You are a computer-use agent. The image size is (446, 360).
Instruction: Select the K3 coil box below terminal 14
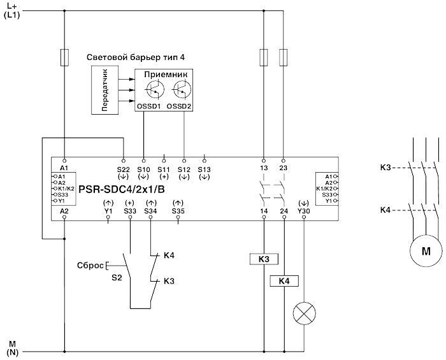pyautogui.click(x=263, y=259)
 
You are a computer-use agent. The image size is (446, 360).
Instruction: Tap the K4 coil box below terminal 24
pyautogui.click(x=284, y=281)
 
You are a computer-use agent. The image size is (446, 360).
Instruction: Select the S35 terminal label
pyautogui.click(x=178, y=210)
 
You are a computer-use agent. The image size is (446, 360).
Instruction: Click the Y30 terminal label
pyautogui.click(x=304, y=210)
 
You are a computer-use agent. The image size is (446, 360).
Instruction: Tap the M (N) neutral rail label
pyautogui.click(x=12, y=347)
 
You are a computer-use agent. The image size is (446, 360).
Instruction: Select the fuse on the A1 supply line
pyautogui.click(x=64, y=57)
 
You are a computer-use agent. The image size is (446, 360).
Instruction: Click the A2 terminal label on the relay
pyautogui.click(x=64, y=210)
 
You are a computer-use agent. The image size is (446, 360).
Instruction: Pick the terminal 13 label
pyautogui.click(x=263, y=169)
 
